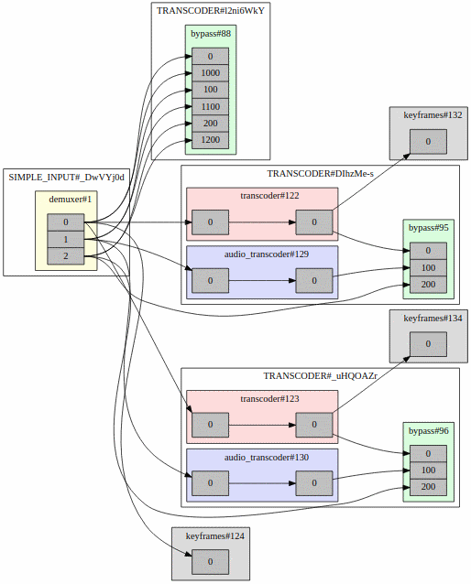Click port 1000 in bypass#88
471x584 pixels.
(210, 73)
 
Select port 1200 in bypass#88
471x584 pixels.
(210, 140)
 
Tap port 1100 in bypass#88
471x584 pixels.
(210, 107)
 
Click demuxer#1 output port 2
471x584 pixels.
(65, 256)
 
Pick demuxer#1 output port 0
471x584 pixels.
(65, 222)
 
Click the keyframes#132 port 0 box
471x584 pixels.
(427, 142)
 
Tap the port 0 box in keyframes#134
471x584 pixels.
(427, 345)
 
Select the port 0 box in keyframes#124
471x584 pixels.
(210, 561)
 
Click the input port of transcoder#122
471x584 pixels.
(210, 222)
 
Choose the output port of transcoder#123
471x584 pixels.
(313, 426)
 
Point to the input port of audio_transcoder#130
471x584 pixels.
(210, 482)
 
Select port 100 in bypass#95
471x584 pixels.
(427, 267)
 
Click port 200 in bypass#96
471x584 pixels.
(427, 487)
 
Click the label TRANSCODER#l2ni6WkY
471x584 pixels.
(210, 11)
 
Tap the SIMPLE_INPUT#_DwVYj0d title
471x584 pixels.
(66, 176)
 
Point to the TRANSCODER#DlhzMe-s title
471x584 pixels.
(320, 174)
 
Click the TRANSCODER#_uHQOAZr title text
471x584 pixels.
(320, 376)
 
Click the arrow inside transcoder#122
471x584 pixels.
(261, 222)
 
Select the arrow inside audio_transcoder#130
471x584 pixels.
(261, 482)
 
